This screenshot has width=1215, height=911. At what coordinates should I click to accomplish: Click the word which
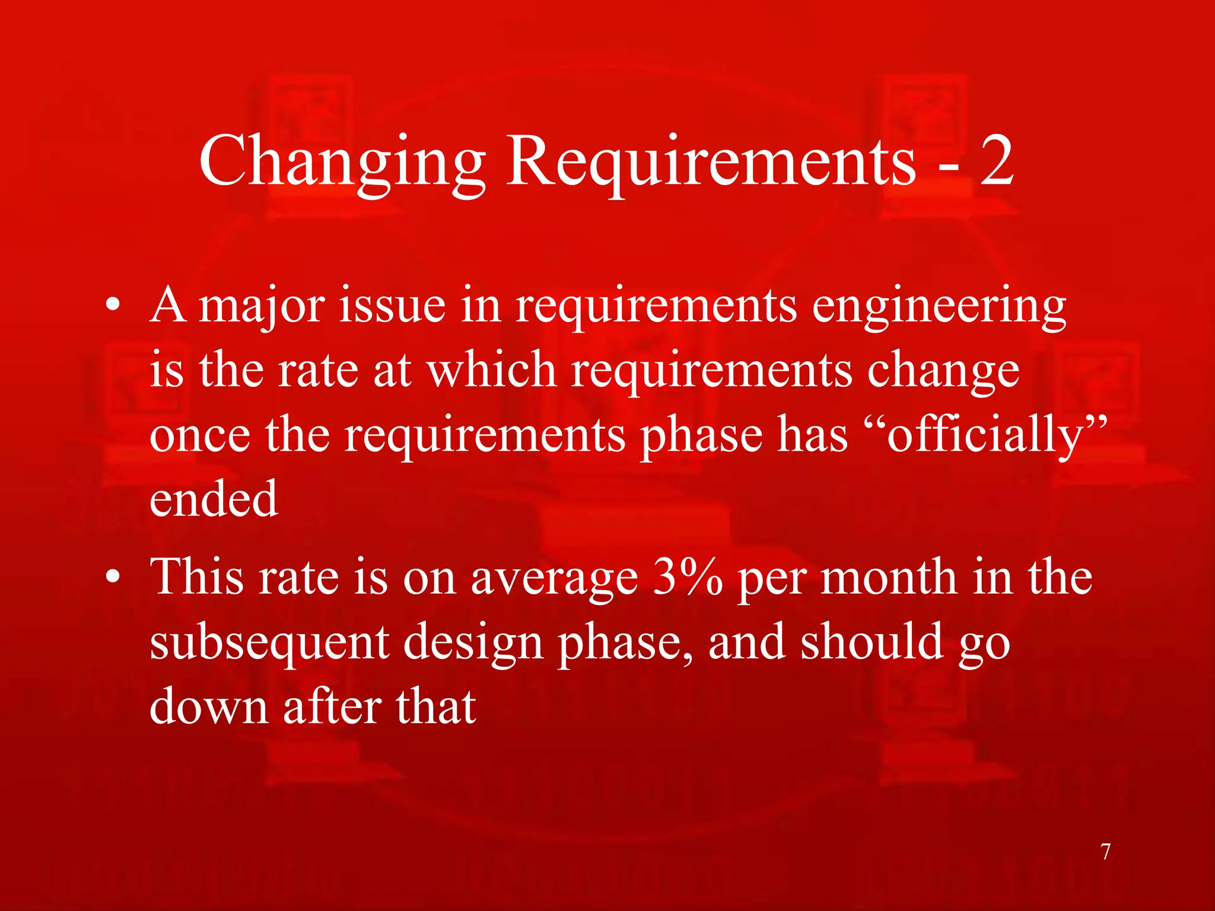(x=492, y=370)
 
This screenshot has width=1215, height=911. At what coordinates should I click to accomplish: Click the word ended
(x=214, y=499)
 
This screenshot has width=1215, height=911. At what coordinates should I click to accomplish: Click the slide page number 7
(x=1105, y=852)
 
